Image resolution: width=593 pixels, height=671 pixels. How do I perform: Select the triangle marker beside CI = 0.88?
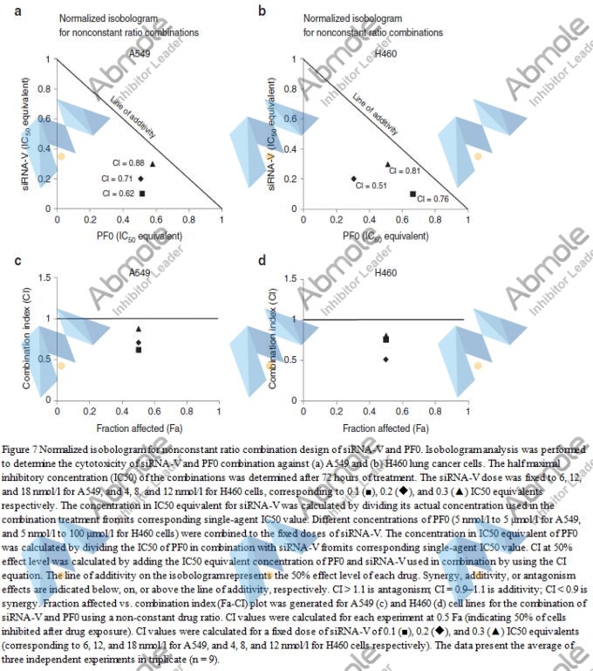[x=153, y=162]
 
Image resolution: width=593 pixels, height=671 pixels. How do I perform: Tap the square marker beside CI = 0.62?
[x=141, y=192]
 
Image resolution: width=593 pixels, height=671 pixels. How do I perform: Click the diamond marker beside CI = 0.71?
[x=140, y=178]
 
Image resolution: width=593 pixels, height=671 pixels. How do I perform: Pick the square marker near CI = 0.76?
[x=412, y=193]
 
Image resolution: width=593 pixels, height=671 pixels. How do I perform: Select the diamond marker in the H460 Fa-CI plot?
[x=386, y=359]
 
